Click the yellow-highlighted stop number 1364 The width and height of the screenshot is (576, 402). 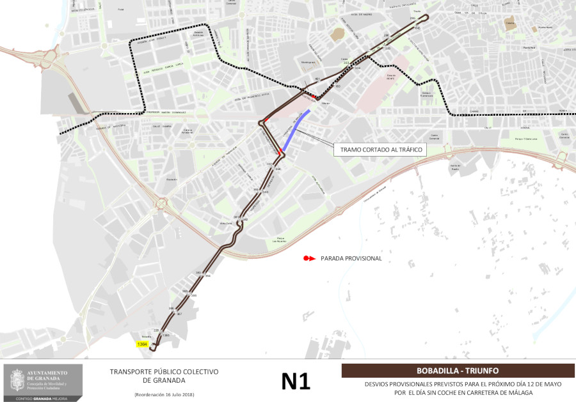(x=142, y=344)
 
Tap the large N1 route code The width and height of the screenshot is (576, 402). (x=296, y=381)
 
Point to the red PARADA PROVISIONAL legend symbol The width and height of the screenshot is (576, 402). (x=309, y=259)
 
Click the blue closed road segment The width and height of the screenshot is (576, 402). (x=296, y=131)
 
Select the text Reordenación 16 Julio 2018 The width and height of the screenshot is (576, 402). (x=164, y=394)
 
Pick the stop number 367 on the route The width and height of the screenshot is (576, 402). (x=180, y=314)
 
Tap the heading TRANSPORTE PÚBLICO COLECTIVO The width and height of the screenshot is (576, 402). (x=164, y=371)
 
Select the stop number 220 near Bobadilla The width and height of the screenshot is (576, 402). (x=156, y=330)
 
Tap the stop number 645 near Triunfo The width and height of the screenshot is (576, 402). (x=418, y=28)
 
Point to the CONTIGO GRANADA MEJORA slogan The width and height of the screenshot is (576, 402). (x=43, y=398)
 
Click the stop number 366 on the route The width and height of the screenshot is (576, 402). (x=172, y=309)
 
